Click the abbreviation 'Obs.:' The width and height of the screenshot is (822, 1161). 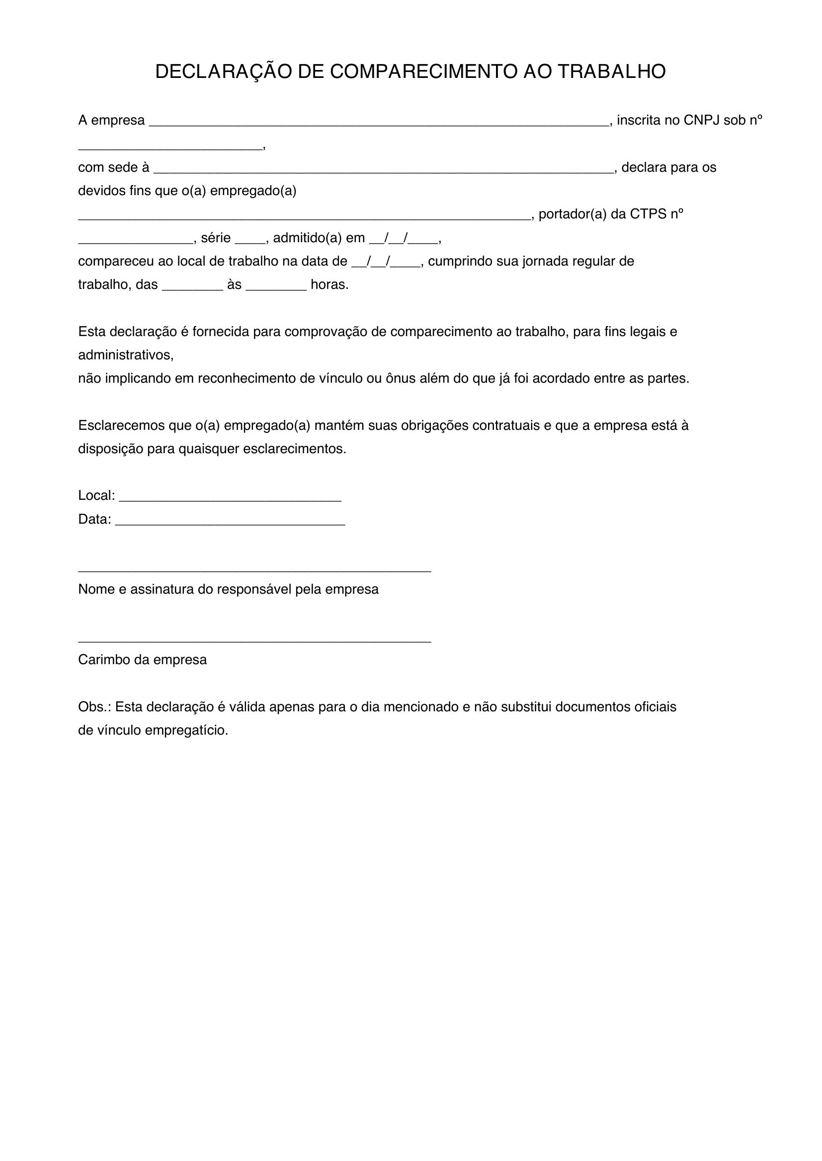94,707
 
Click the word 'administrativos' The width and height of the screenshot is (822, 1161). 126,355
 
